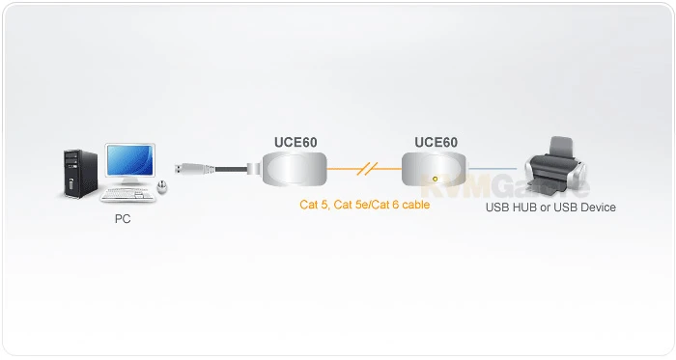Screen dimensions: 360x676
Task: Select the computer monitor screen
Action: [130, 161]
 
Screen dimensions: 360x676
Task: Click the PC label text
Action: [123, 219]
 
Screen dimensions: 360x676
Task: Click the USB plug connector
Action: [185, 169]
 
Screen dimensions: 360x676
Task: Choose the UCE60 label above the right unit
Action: [436, 142]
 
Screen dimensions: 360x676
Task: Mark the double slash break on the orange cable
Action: [365, 170]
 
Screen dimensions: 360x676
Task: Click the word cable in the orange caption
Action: [415, 205]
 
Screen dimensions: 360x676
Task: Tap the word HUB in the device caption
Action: [523, 207]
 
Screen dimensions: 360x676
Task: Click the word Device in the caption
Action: [596, 207]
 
